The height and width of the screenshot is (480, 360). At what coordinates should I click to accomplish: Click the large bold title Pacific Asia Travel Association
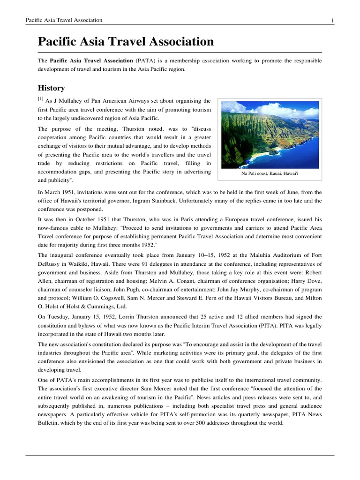click(126, 42)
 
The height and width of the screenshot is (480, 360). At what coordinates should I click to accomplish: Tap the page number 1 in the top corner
click(332, 20)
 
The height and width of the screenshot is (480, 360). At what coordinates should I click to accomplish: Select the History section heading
click(51, 88)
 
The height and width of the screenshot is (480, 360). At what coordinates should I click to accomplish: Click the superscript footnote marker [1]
click(40, 99)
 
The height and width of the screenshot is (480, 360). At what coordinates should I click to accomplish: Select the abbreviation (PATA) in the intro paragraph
click(146, 61)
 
